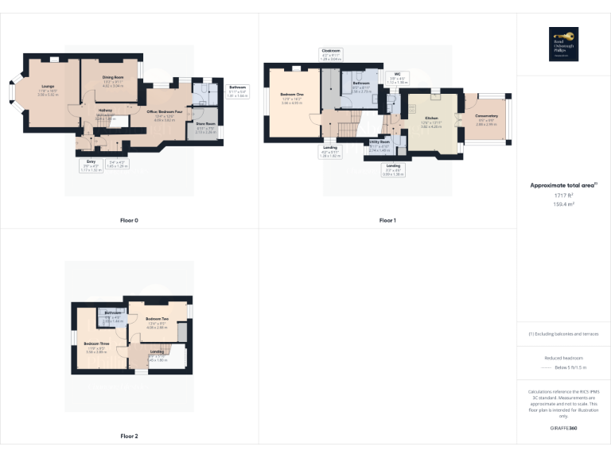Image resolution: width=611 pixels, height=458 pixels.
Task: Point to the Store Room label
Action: pyautogui.click(x=206, y=124)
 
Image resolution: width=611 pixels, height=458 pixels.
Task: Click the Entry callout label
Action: pyautogui.click(x=91, y=161)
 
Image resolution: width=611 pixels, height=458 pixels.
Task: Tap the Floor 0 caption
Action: pyautogui.click(x=129, y=219)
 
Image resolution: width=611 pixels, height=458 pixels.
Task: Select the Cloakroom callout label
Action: pyautogui.click(x=330, y=51)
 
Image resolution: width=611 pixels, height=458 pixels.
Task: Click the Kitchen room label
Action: pyautogui.click(x=432, y=118)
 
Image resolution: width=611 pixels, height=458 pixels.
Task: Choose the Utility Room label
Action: pyautogui.click(x=379, y=142)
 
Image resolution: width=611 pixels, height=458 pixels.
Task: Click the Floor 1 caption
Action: pyautogui.click(x=387, y=219)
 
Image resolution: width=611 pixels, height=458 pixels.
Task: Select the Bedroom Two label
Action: pyautogui.click(x=157, y=318)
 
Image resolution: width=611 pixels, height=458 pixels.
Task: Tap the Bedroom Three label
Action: pyautogui.click(x=96, y=343)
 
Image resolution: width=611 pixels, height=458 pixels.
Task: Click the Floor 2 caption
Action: pyautogui.click(x=129, y=436)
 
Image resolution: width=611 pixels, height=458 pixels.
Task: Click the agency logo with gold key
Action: pyautogui.click(x=563, y=42)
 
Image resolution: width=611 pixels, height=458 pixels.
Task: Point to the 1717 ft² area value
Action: pyautogui.click(x=563, y=195)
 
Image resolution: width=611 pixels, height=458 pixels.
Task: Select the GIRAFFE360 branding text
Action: pyautogui.click(x=563, y=429)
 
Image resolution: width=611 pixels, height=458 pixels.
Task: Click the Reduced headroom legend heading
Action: pyautogui.click(x=563, y=358)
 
